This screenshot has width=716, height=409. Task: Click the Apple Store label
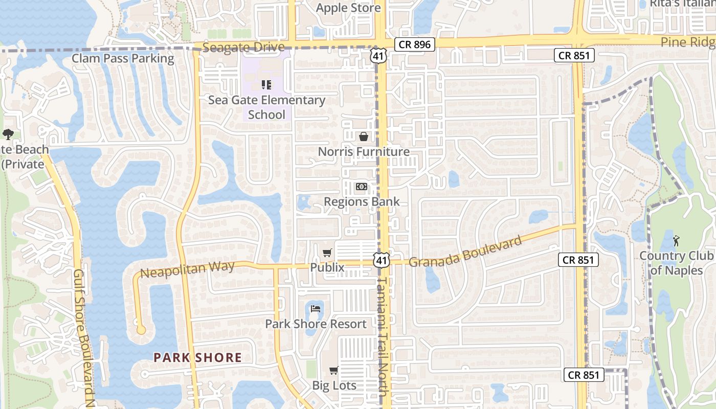point(348,8)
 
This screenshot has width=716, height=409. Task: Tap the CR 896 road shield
point(415,44)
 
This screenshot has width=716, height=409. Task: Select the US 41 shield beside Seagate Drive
point(378,56)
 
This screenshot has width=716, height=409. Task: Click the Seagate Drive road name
point(243,48)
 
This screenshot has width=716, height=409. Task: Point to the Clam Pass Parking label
point(123,58)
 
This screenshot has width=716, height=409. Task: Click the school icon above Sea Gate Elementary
point(266,84)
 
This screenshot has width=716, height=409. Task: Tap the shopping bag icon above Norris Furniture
point(364,137)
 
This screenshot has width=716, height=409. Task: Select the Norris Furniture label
point(364,152)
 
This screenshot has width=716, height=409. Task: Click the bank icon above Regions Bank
point(362,187)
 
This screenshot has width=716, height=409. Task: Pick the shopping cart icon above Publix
point(327,253)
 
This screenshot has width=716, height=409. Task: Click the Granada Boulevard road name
point(465,251)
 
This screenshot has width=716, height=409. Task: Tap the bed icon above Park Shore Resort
point(316,309)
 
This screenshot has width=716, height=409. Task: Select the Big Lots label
point(334,385)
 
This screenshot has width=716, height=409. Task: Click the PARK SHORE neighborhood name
point(198,357)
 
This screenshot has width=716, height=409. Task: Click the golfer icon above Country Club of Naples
point(677,240)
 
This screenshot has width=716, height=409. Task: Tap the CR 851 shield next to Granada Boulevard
point(578,260)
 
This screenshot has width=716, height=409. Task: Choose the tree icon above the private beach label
point(8,134)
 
